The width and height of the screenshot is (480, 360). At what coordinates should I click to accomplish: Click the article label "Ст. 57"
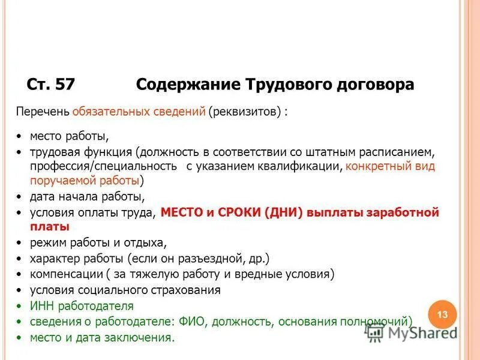tap(51, 85)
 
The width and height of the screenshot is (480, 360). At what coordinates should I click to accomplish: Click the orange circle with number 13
tap(443, 315)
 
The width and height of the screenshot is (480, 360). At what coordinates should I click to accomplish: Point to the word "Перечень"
tap(42, 112)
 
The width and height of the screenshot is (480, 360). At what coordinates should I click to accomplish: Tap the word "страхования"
tap(188, 290)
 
